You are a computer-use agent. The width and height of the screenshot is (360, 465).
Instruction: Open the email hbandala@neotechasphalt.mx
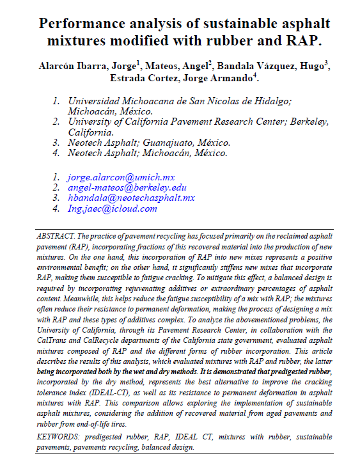click(131, 198)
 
